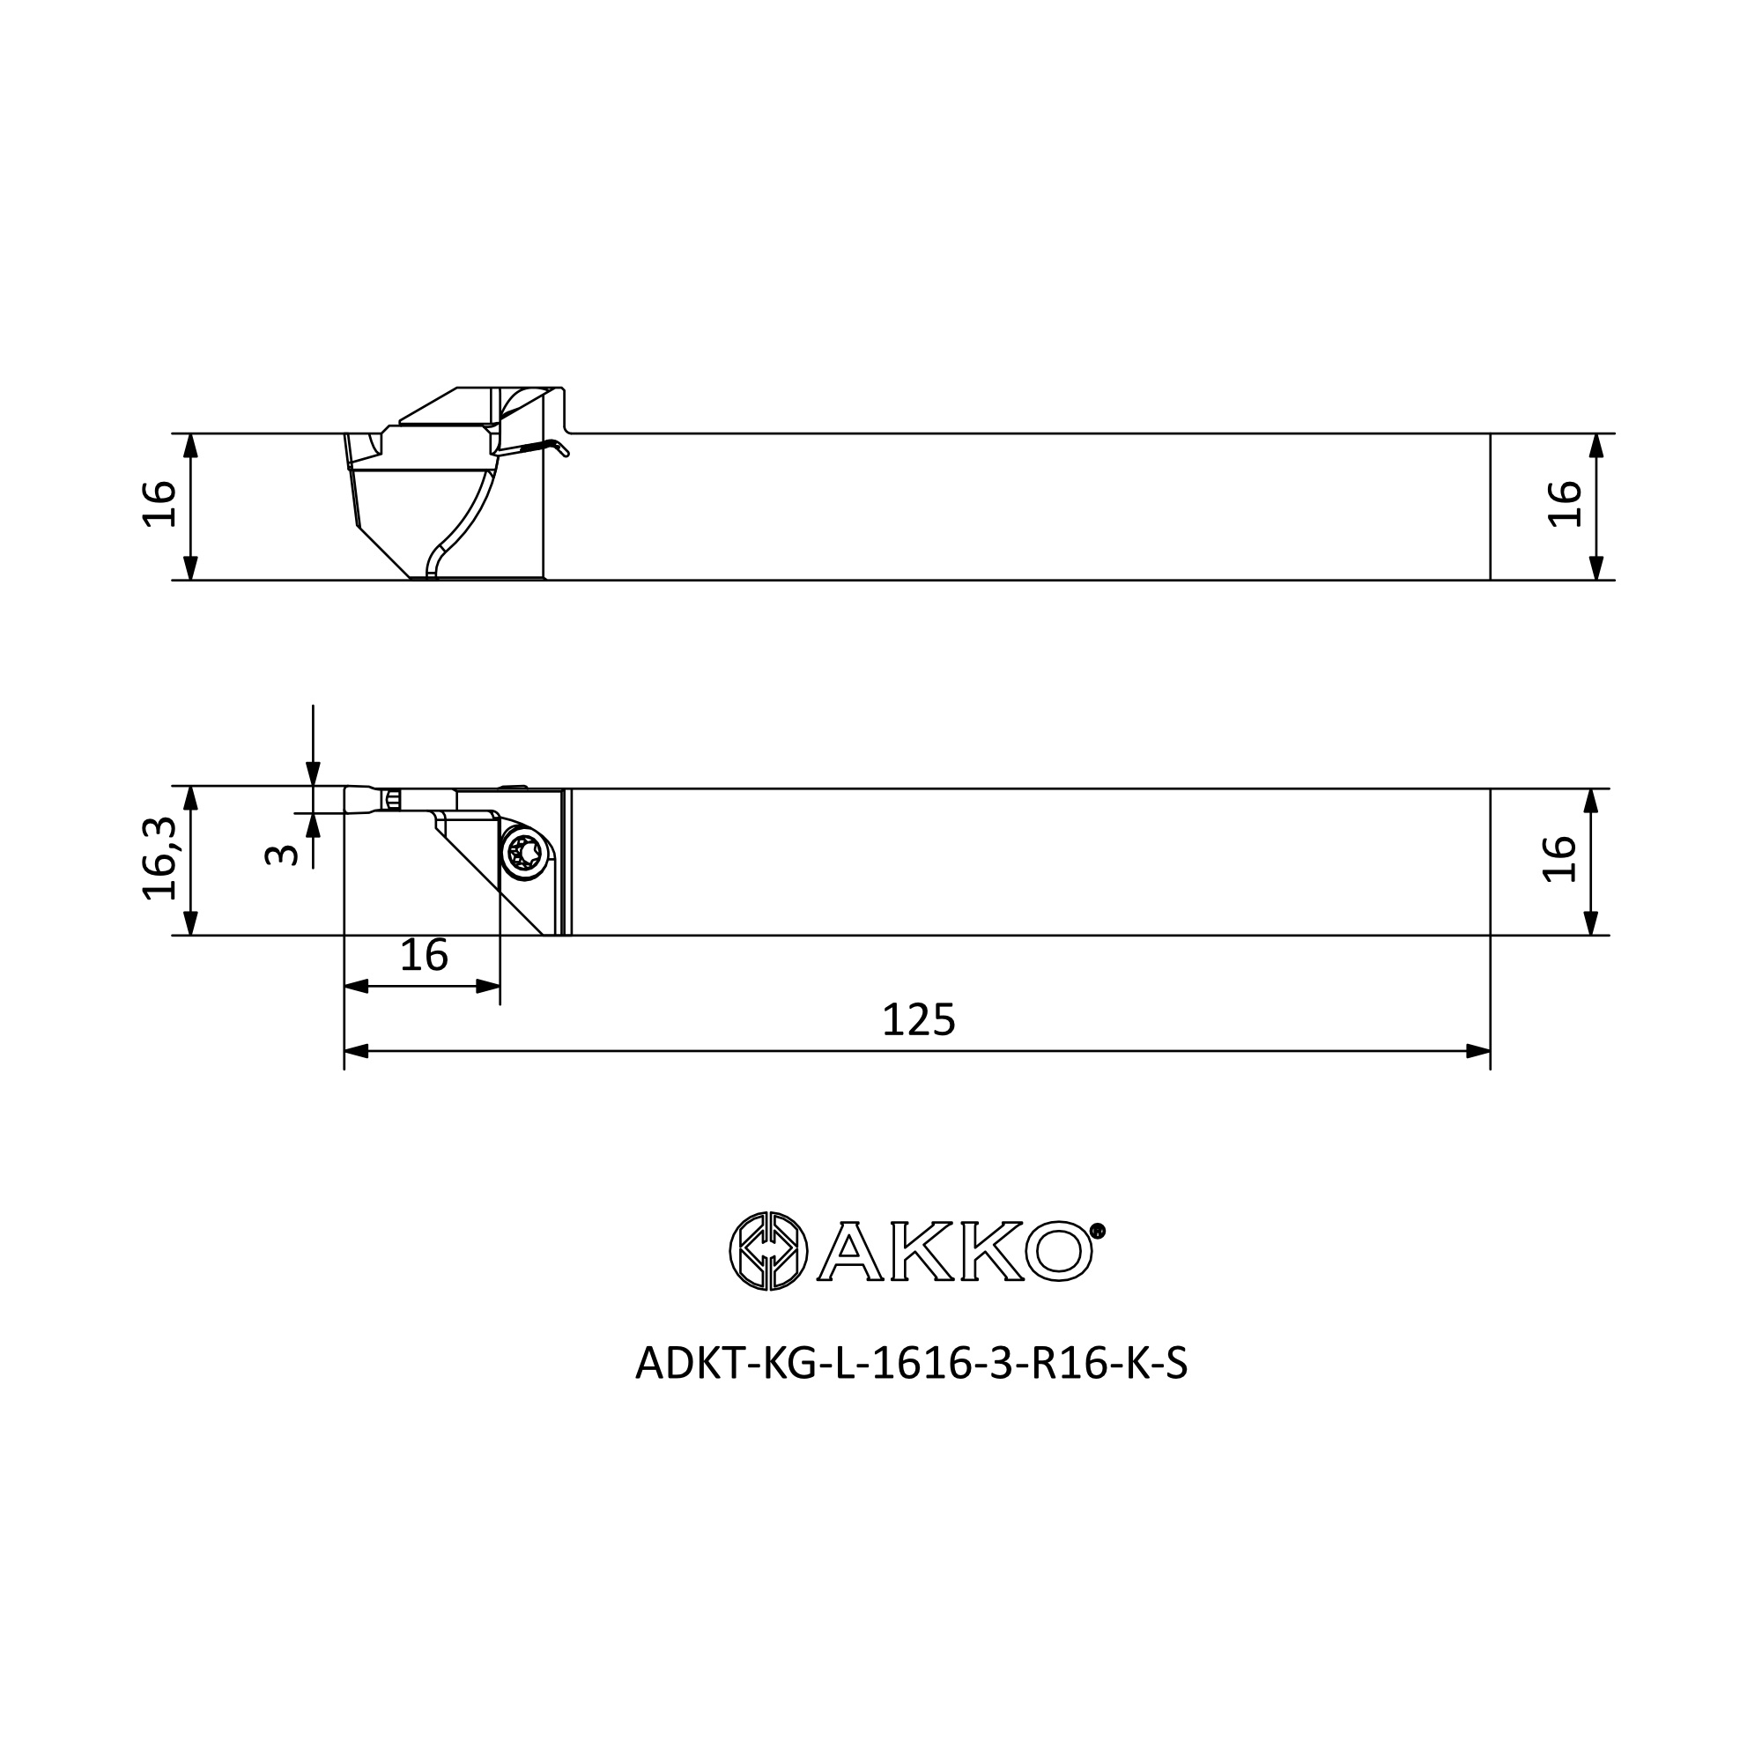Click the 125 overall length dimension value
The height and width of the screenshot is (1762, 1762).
(x=918, y=1019)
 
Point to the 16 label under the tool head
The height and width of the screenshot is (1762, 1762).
(x=424, y=956)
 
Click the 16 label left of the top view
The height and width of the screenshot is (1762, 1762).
(x=159, y=503)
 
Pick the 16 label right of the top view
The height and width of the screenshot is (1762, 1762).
(x=1565, y=503)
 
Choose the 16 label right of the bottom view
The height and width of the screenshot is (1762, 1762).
(x=1559, y=859)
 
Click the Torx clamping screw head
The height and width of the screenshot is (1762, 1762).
(x=525, y=854)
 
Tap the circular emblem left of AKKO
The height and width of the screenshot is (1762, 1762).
(x=768, y=1251)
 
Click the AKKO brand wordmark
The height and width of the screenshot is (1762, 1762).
(x=955, y=1252)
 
